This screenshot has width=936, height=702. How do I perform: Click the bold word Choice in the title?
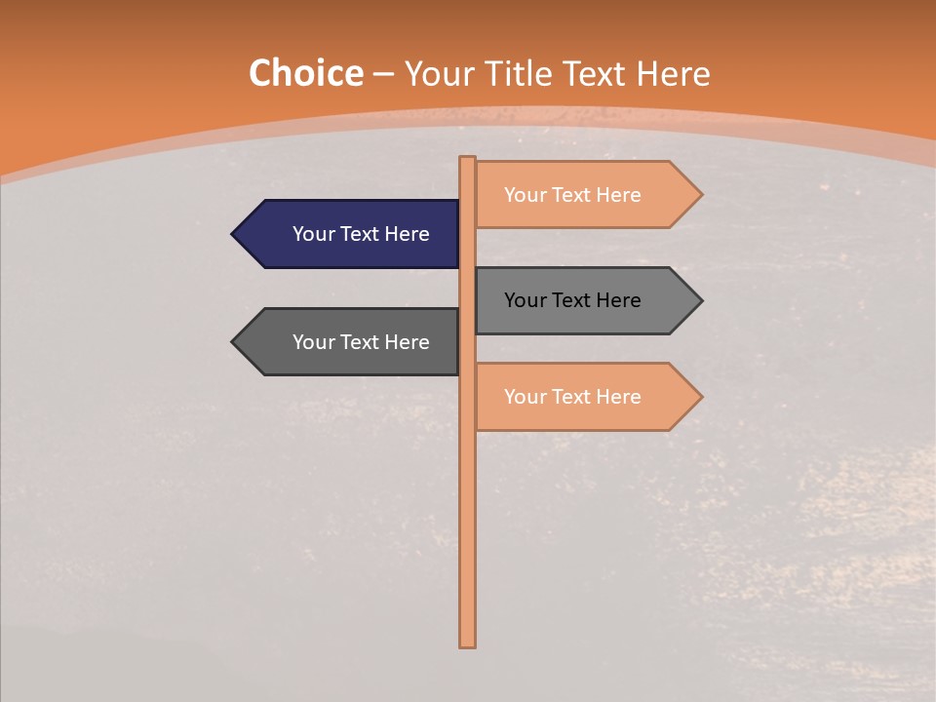(305, 74)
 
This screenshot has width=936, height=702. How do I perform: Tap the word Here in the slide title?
(673, 74)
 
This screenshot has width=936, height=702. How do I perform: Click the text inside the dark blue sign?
(361, 234)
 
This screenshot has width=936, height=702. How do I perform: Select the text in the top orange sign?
(572, 195)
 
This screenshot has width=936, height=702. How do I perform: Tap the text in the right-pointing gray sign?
(572, 300)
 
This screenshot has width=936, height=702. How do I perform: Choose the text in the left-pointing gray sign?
(361, 342)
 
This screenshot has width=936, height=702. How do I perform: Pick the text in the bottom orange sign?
(572, 397)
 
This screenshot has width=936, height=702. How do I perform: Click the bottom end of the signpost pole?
(467, 643)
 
